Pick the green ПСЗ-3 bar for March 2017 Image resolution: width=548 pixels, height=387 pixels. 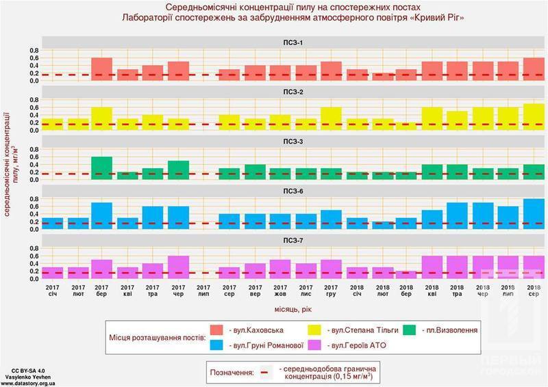pyautogui.click(x=101, y=168)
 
